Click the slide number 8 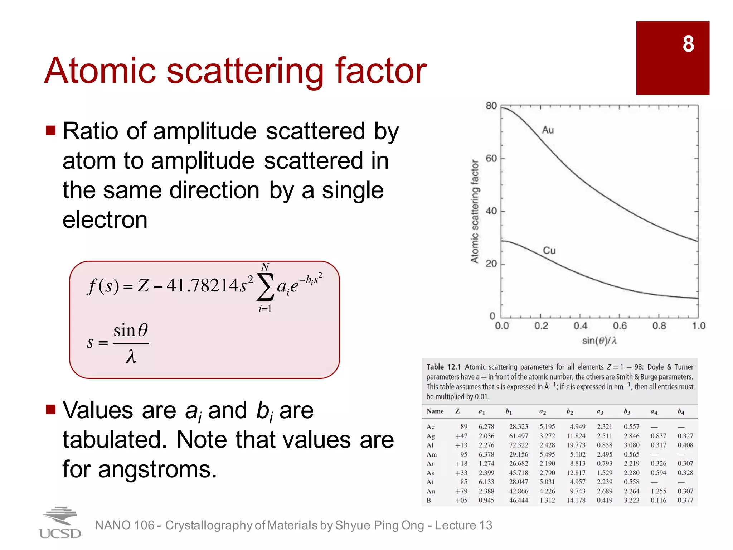tap(688, 44)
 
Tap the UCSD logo tap(60, 523)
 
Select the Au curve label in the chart tap(548, 130)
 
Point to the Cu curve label tap(549, 250)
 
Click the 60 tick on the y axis tap(491, 158)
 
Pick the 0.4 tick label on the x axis tap(580, 326)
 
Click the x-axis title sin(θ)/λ tap(599, 341)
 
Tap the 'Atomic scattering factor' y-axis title tap(475, 211)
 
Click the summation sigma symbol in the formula tap(265, 287)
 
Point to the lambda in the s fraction tap(131, 357)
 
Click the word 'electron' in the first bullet tap(105, 219)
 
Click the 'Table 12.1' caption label tap(443, 367)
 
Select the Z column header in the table tap(457, 411)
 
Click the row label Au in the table tap(431, 491)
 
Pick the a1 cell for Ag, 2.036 tap(486, 436)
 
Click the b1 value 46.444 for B tap(518, 500)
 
